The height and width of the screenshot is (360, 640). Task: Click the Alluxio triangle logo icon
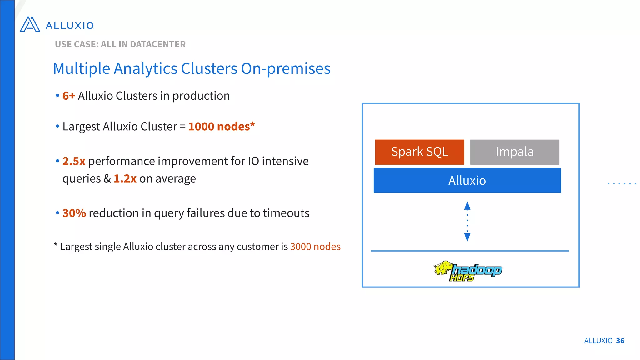(x=30, y=24)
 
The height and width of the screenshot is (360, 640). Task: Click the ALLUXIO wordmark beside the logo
(x=70, y=26)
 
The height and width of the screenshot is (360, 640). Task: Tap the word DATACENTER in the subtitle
(x=158, y=44)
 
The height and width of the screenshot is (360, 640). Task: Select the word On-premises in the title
(x=286, y=68)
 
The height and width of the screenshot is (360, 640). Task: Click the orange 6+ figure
(x=69, y=96)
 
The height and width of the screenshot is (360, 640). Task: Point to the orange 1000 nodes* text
(x=222, y=126)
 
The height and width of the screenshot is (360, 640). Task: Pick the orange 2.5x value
(x=74, y=161)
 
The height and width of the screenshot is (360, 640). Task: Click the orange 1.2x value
(x=125, y=179)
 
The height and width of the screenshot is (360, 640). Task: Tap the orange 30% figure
(x=74, y=213)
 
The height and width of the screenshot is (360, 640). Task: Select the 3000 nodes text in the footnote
(x=315, y=247)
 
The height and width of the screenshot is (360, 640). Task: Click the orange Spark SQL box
(x=419, y=152)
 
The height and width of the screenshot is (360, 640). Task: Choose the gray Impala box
(x=514, y=152)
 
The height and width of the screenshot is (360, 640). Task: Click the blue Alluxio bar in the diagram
(x=467, y=180)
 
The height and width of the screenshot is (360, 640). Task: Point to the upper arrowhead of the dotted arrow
(x=467, y=206)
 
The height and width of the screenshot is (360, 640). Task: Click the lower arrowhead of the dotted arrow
(x=467, y=237)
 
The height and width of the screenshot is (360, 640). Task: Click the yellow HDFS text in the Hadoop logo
(x=462, y=277)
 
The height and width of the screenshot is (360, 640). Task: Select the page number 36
(x=620, y=341)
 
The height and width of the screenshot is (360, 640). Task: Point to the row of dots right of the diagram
(x=622, y=183)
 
